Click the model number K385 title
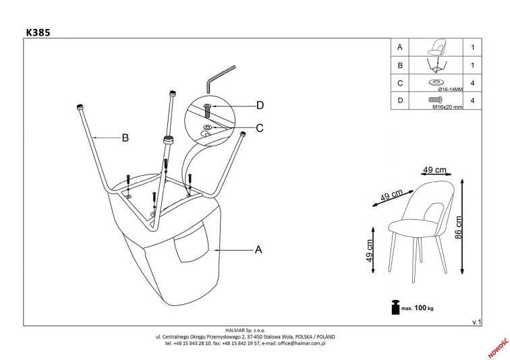38,32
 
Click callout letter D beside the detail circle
260,105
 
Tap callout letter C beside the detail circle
260,128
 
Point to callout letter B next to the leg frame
125,138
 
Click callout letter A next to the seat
258,249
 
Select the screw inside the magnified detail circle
207,111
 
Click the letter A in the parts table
400,47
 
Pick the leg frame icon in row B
436,65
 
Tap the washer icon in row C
435,82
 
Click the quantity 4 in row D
472,100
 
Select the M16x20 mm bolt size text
447,107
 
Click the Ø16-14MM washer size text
450,90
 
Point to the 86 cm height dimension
458,227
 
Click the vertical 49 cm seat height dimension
370,251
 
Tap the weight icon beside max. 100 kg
395,307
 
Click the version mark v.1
476,322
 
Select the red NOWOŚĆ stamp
498,347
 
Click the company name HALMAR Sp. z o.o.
246,330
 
